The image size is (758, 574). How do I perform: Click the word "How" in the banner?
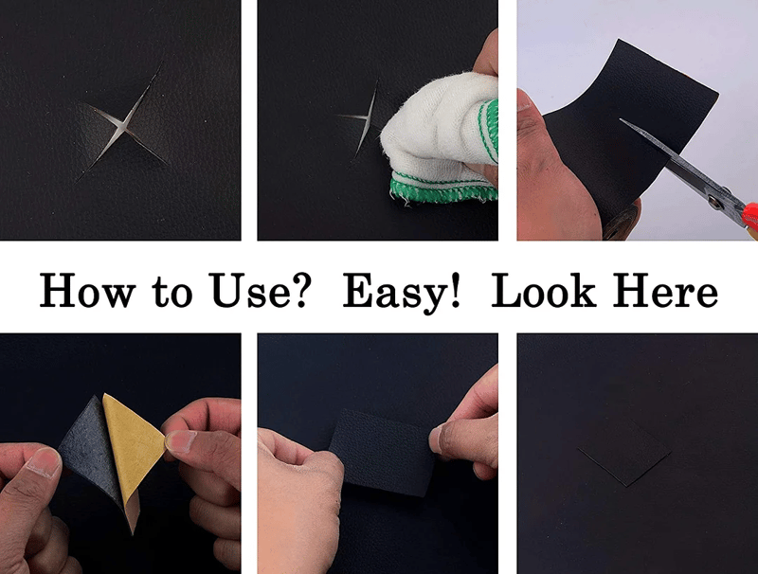coord(83,291)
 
